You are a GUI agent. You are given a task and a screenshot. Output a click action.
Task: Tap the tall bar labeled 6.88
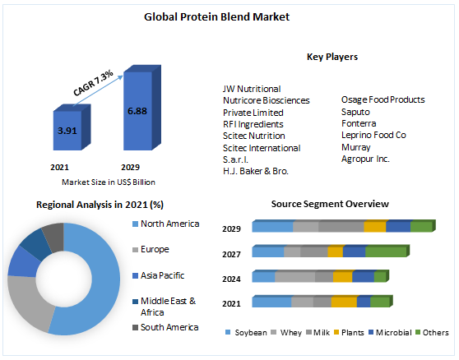tap(137, 111)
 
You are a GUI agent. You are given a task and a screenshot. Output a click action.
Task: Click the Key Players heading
tap(332, 57)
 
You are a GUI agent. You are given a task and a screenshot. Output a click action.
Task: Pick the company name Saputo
tap(355, 111)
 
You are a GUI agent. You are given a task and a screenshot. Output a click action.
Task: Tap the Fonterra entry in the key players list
tap(359, 122)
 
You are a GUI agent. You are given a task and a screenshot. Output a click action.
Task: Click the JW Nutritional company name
tap(252, 88)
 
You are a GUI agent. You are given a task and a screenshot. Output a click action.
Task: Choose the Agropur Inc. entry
tap(366, 158)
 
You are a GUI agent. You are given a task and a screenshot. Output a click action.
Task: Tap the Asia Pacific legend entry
tap(163, 275)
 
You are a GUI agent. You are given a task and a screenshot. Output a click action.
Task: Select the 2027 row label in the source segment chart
tap(231, 255)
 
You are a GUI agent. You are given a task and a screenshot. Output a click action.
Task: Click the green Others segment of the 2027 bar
tap(386, 252)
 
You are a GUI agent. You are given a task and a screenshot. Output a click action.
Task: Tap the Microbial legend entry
tap(395, 333)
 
